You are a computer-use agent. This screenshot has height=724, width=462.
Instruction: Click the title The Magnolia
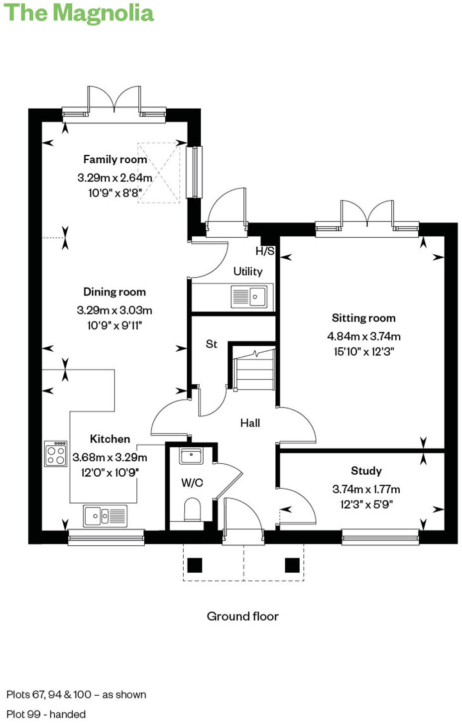[79, 13]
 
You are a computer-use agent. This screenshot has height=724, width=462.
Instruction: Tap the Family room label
[115, 159]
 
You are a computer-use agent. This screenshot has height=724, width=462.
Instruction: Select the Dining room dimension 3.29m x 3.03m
[115, 310]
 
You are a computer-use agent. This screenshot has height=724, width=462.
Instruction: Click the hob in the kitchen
[56, 453]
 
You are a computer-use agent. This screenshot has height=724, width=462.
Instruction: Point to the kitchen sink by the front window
[105, 516]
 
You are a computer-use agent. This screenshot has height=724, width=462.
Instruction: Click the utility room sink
[249, 297]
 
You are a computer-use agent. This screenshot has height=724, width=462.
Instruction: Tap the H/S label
[265, 251]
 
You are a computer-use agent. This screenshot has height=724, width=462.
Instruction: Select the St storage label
[212, 344]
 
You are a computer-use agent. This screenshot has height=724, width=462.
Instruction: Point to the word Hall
[250, 423]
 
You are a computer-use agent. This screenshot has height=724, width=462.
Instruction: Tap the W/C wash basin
[191, 455]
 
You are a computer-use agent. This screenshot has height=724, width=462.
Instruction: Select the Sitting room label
[363, 318]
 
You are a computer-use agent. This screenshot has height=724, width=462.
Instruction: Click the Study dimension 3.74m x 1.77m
[366, 489]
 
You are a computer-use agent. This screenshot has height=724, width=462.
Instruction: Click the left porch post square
[195, 565]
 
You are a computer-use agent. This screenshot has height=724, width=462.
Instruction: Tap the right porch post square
[292, 565]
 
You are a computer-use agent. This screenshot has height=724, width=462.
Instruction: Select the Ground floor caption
[242, 616]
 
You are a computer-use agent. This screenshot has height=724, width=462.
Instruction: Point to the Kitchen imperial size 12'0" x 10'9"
[110, 472]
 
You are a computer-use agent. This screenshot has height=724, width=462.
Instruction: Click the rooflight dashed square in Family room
[158, 173]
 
